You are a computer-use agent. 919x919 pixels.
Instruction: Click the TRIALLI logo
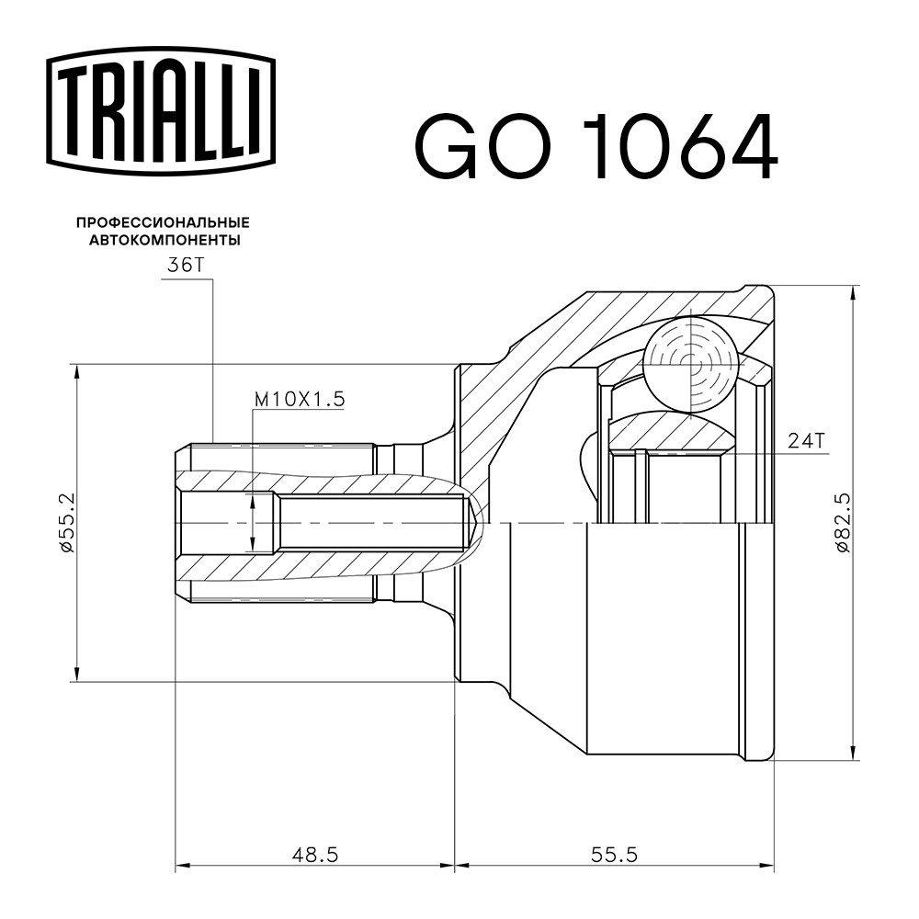tap(161, 111)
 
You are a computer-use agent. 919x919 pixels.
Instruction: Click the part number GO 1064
tap(596, 146)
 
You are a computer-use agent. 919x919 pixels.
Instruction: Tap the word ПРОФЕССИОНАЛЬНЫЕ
tap(164, 222)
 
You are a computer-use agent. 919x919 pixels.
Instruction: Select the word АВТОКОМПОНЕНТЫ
tap(165, 240)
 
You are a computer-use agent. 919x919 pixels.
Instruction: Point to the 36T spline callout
tap(185, 266)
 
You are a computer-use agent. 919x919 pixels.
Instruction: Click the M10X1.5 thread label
tap(300, 400)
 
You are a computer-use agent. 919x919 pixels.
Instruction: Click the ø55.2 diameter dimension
tap(67, 523)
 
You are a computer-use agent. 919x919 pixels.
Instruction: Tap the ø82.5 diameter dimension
tap(842, 523)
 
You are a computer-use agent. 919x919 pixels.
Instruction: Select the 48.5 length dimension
tap(315, 855)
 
